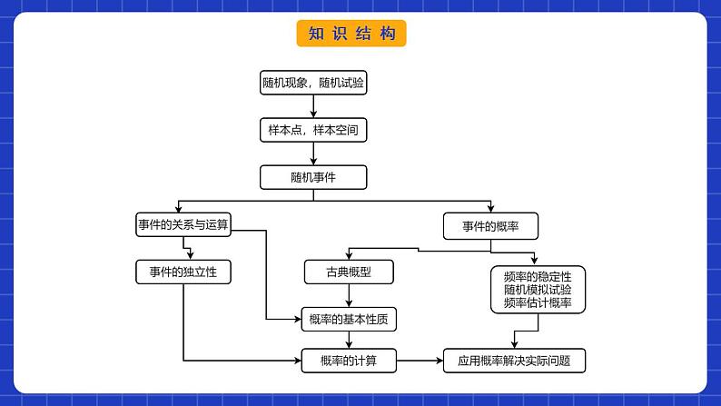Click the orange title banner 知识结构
pyautogui.click(x=351, y=34)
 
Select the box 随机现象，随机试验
pyautogui.click(x=313, y=84)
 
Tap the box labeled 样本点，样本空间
pyautogui.click(x=313, y=130)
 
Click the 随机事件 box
pyautogui.click(x=313, y=177)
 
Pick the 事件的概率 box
pyautogui.click(x=489, y=225)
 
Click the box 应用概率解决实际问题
pyautogui.click(x=514, y=361)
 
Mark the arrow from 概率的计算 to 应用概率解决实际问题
pyautogui.click(x=420, y=361)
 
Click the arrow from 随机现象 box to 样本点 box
pyautogui.click(x=313, y=107)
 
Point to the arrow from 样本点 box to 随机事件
pyautogui.click(x=313, y=153)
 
